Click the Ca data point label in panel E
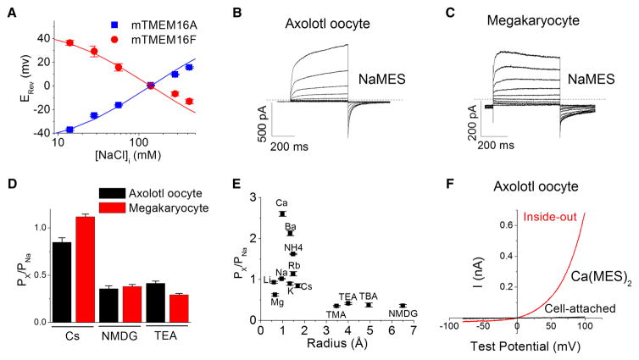pyautogui.click(x=281, y=203)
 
